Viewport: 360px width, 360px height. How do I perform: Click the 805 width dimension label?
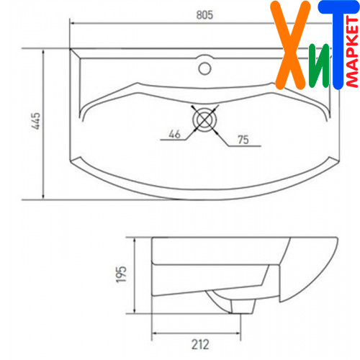(204, 15)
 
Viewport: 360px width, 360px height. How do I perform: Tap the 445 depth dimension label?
(36, 121)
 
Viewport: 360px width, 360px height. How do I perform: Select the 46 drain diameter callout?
(174, 134)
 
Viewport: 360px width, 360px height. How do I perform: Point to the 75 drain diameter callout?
(243, 140)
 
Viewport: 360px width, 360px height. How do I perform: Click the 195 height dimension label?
(121, 274)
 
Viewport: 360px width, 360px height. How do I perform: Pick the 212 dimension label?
(200, 344)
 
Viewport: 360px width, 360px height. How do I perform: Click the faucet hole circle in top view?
(204, 68)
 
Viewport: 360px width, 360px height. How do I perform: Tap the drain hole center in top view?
(204, 120)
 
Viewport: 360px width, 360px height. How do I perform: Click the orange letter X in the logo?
(290, 45)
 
